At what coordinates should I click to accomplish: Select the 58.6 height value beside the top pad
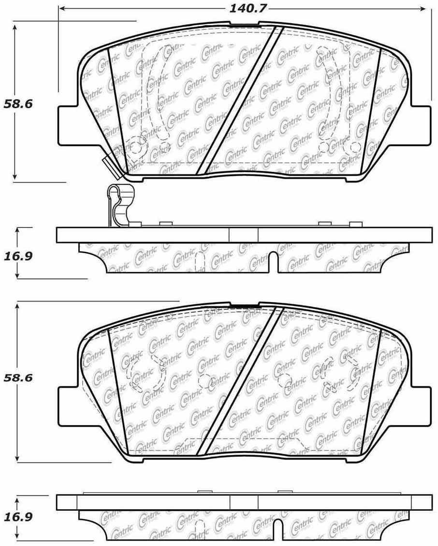18,103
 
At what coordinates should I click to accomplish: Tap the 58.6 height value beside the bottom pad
18,377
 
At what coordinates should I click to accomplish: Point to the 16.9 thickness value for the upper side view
18,255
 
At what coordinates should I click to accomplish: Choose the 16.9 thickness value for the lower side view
18,517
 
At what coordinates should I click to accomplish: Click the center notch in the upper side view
274,261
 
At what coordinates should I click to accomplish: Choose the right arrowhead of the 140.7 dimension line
425,8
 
